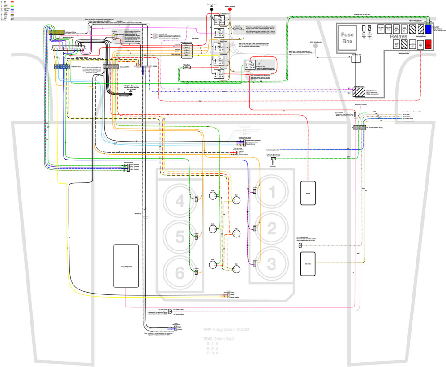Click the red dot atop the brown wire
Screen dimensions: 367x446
[x=230, y=9]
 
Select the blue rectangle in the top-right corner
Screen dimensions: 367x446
[x=428, y=29]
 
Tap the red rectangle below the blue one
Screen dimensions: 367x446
[x=428, y=44]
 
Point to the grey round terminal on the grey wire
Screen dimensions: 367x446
[x=316, y=46]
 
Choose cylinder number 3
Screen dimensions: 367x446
[x=272, y=264]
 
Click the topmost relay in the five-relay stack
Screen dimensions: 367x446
[x=219, y=20]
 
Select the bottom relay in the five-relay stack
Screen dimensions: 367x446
[x=219, y=74]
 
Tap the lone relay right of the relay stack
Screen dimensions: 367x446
[x=250, y=65]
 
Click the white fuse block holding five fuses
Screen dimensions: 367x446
[x=187, y=51]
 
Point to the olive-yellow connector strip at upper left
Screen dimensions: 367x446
[x=57, y=32]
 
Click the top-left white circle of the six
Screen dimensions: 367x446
[x=213, y=196]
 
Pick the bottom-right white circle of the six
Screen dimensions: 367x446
[x=236, y=269]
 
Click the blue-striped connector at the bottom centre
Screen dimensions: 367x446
[x=172, y=328]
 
